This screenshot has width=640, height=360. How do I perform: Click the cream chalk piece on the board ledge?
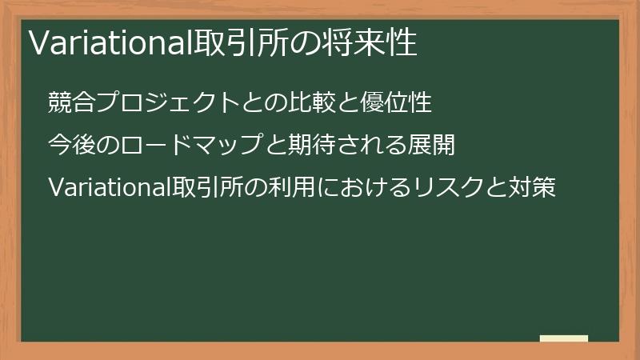[x=564, y=338]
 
